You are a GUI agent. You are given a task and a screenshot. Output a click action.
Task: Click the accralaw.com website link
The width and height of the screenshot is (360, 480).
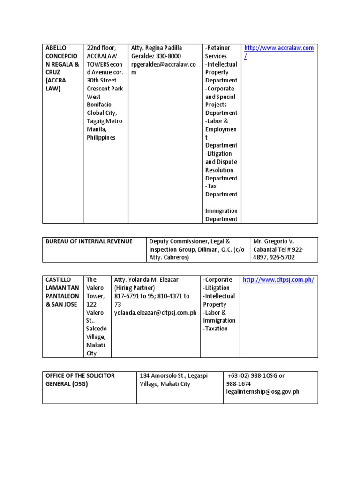pos(278,48)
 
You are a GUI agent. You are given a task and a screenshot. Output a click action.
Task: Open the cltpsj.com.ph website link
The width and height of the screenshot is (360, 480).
pos(278,280)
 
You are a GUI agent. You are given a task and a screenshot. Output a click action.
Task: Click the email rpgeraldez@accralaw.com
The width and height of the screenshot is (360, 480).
pos(163,64)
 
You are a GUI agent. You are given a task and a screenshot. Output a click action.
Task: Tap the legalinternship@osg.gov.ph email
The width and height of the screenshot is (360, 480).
pos(262,392)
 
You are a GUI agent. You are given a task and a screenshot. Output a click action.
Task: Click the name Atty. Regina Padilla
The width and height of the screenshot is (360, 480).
pos(157,48)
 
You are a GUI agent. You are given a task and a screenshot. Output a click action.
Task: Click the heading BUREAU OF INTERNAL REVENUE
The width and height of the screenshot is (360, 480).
pos(89,241)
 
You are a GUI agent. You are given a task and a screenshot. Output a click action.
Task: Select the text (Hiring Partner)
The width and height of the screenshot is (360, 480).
pos(135,288)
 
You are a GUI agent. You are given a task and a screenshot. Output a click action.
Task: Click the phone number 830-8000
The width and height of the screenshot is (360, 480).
pos(168,56)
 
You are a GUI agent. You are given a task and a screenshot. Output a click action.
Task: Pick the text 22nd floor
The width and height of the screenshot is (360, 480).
pos(101,48)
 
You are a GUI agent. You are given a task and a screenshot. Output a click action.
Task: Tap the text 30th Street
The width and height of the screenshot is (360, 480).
pos(102,81)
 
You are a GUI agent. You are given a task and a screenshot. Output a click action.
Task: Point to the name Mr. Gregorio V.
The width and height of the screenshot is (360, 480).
pos(273,241)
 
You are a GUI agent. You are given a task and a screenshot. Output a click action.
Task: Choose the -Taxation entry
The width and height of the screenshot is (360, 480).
pos(216,329)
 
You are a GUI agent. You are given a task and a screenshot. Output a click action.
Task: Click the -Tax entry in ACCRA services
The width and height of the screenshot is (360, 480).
pos(211,186)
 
